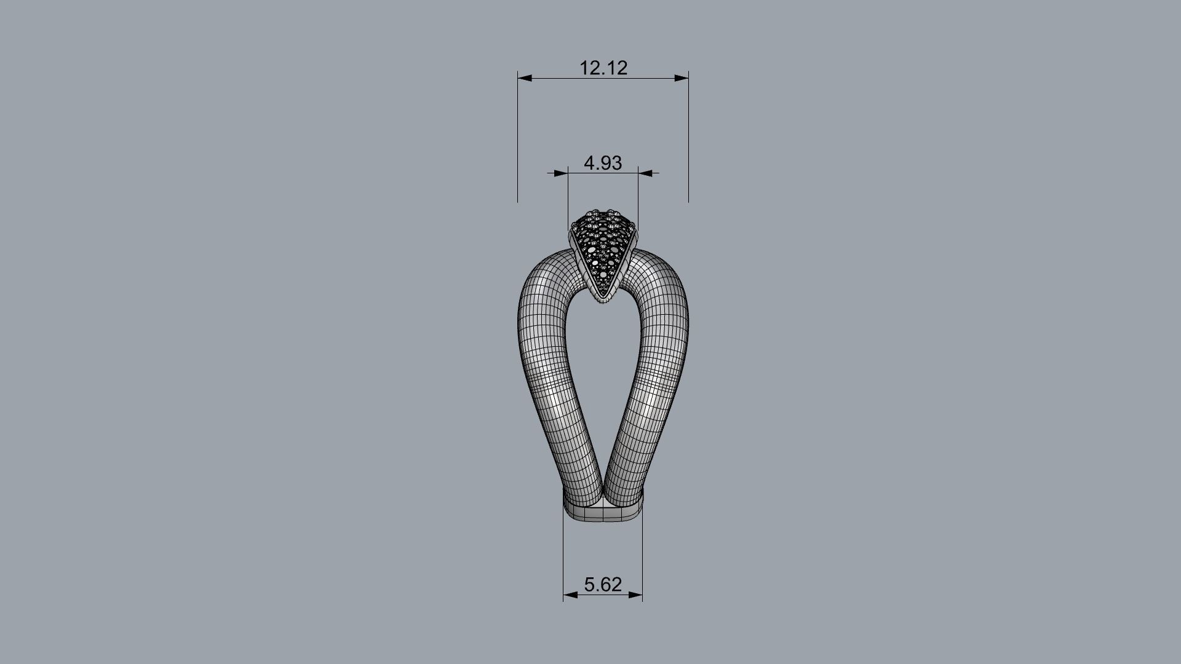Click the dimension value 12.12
(603, 68)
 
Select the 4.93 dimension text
(603, 163)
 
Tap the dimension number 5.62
(603, 584)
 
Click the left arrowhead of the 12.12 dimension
(525, 78)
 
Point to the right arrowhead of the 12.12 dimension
(682, 78)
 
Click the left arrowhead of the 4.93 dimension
(560, 173)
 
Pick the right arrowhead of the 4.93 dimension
(645, 173)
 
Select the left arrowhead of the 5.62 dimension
(570, 595)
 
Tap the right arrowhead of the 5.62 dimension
(635, 595)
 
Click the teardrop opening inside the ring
(603, 381)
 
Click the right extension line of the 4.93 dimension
(638, 197)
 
